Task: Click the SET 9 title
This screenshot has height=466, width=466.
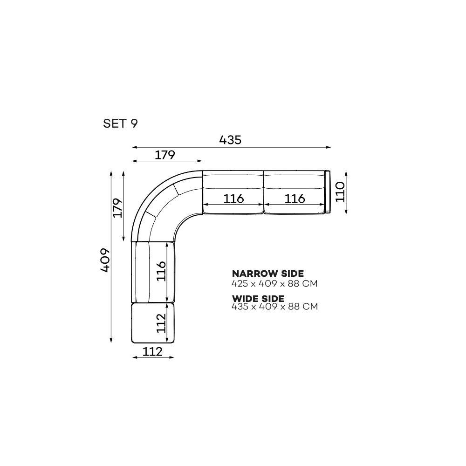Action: pos(120,123)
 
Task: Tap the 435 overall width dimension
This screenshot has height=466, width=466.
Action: pos(230,140)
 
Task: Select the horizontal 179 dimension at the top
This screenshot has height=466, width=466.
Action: pos(165,155)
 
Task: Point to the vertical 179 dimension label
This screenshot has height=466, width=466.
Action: pos(118,208)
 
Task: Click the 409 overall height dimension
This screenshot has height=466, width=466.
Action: pos(105,260)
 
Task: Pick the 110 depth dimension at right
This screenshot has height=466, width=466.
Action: pos(340,192)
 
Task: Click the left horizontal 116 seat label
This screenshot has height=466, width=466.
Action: pos(233,198)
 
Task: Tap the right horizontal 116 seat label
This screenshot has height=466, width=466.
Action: pos(295,198)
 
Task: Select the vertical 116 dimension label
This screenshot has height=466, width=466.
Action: pos(161,271)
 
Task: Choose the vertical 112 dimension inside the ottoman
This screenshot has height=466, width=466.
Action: pos(161,323)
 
